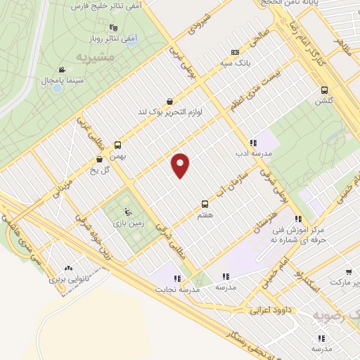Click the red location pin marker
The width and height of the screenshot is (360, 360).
tap(181, 165)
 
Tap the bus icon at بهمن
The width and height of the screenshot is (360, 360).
tap(118, 146)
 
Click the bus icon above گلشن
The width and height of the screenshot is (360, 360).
tap(324, 90)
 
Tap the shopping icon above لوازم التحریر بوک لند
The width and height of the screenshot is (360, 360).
tap(169, 101)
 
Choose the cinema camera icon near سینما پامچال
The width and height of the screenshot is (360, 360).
tap(62, 69)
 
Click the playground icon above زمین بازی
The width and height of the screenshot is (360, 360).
tap(127, 212)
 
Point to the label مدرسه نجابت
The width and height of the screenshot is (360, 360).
tap(184, 289)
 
